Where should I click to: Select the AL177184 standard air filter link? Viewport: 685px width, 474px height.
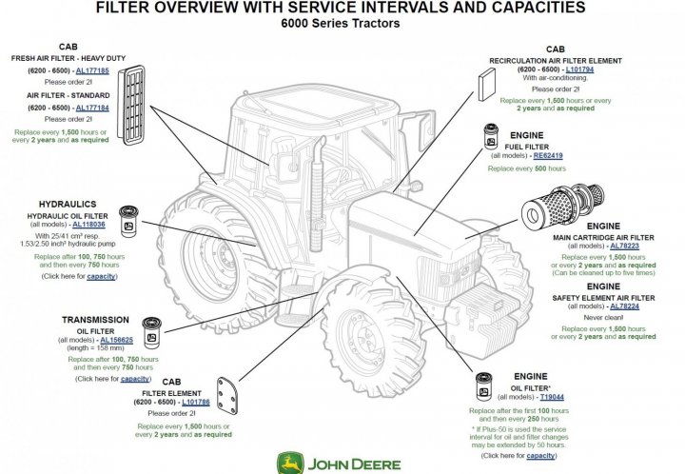91,108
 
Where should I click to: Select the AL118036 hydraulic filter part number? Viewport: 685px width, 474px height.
91,224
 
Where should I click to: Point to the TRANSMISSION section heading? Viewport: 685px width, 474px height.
95,320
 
